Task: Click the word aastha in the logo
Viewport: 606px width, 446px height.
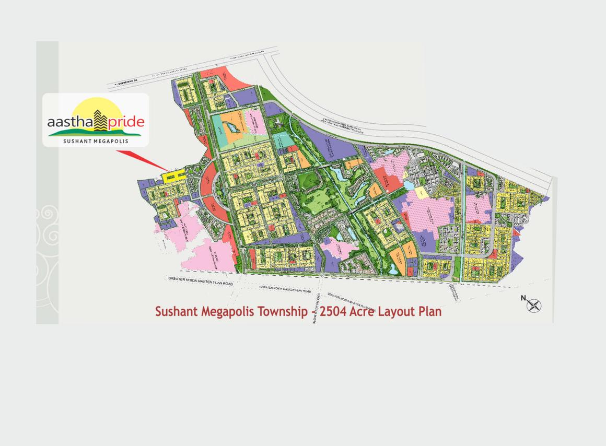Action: pyautogui.click(x=69, y=122)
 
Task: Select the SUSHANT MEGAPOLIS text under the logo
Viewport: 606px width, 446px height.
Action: pyautogui.click(x=96, y=141)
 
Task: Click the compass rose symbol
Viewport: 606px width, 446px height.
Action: pyautogui.click(x=533, y=306)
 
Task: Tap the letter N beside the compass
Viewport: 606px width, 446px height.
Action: pyautogui.click(x=523, y=298)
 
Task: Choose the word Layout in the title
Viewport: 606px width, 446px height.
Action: pyautogui.click(x=398, y=312)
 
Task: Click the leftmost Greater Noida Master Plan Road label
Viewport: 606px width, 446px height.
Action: pyautogui.click(x=201, y=281)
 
